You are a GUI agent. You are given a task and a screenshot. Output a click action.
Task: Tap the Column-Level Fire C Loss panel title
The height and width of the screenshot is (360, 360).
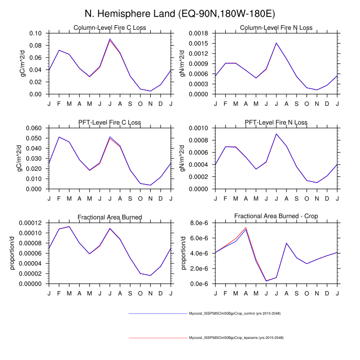(110, 27)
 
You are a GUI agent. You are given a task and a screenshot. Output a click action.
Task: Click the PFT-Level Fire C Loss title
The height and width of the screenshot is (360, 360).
(110, 122)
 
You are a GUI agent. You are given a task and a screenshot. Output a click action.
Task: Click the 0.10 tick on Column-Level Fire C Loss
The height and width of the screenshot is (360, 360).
(37, 33)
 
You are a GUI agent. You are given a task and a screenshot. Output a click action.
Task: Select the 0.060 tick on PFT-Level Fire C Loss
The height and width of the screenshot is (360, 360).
(35, 128)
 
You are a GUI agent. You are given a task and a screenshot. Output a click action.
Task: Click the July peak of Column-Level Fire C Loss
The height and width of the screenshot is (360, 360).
(110, 39)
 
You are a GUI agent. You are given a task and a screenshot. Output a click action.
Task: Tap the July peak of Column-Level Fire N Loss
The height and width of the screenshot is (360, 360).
(276, 43)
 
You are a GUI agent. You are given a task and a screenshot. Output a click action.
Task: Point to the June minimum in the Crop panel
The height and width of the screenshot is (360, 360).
(266, 281)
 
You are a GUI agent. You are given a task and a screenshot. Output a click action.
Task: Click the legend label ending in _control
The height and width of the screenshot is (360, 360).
(235, 313)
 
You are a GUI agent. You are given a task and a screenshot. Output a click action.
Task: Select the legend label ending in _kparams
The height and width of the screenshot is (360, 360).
(236, 337)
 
